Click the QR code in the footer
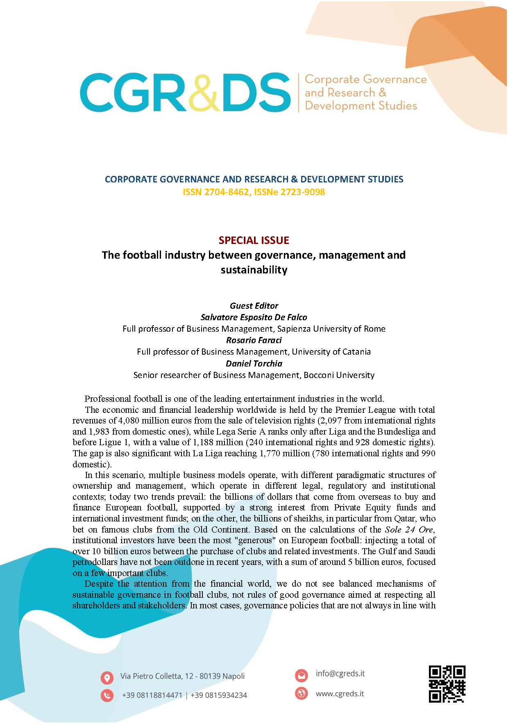point(447,684)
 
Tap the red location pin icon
point(107,678)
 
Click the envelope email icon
point(302,675)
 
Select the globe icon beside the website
point(302,693)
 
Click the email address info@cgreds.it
point(340,674)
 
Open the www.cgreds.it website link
point(340,694)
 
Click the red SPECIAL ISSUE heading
point(254,240)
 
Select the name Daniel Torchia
point(254,364)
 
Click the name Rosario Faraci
point(254,340)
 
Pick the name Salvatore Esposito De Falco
point(254,317)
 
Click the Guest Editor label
point(254,306)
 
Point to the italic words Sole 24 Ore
point(409,529)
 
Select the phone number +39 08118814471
point(152,695)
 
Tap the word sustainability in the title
point(254,270)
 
